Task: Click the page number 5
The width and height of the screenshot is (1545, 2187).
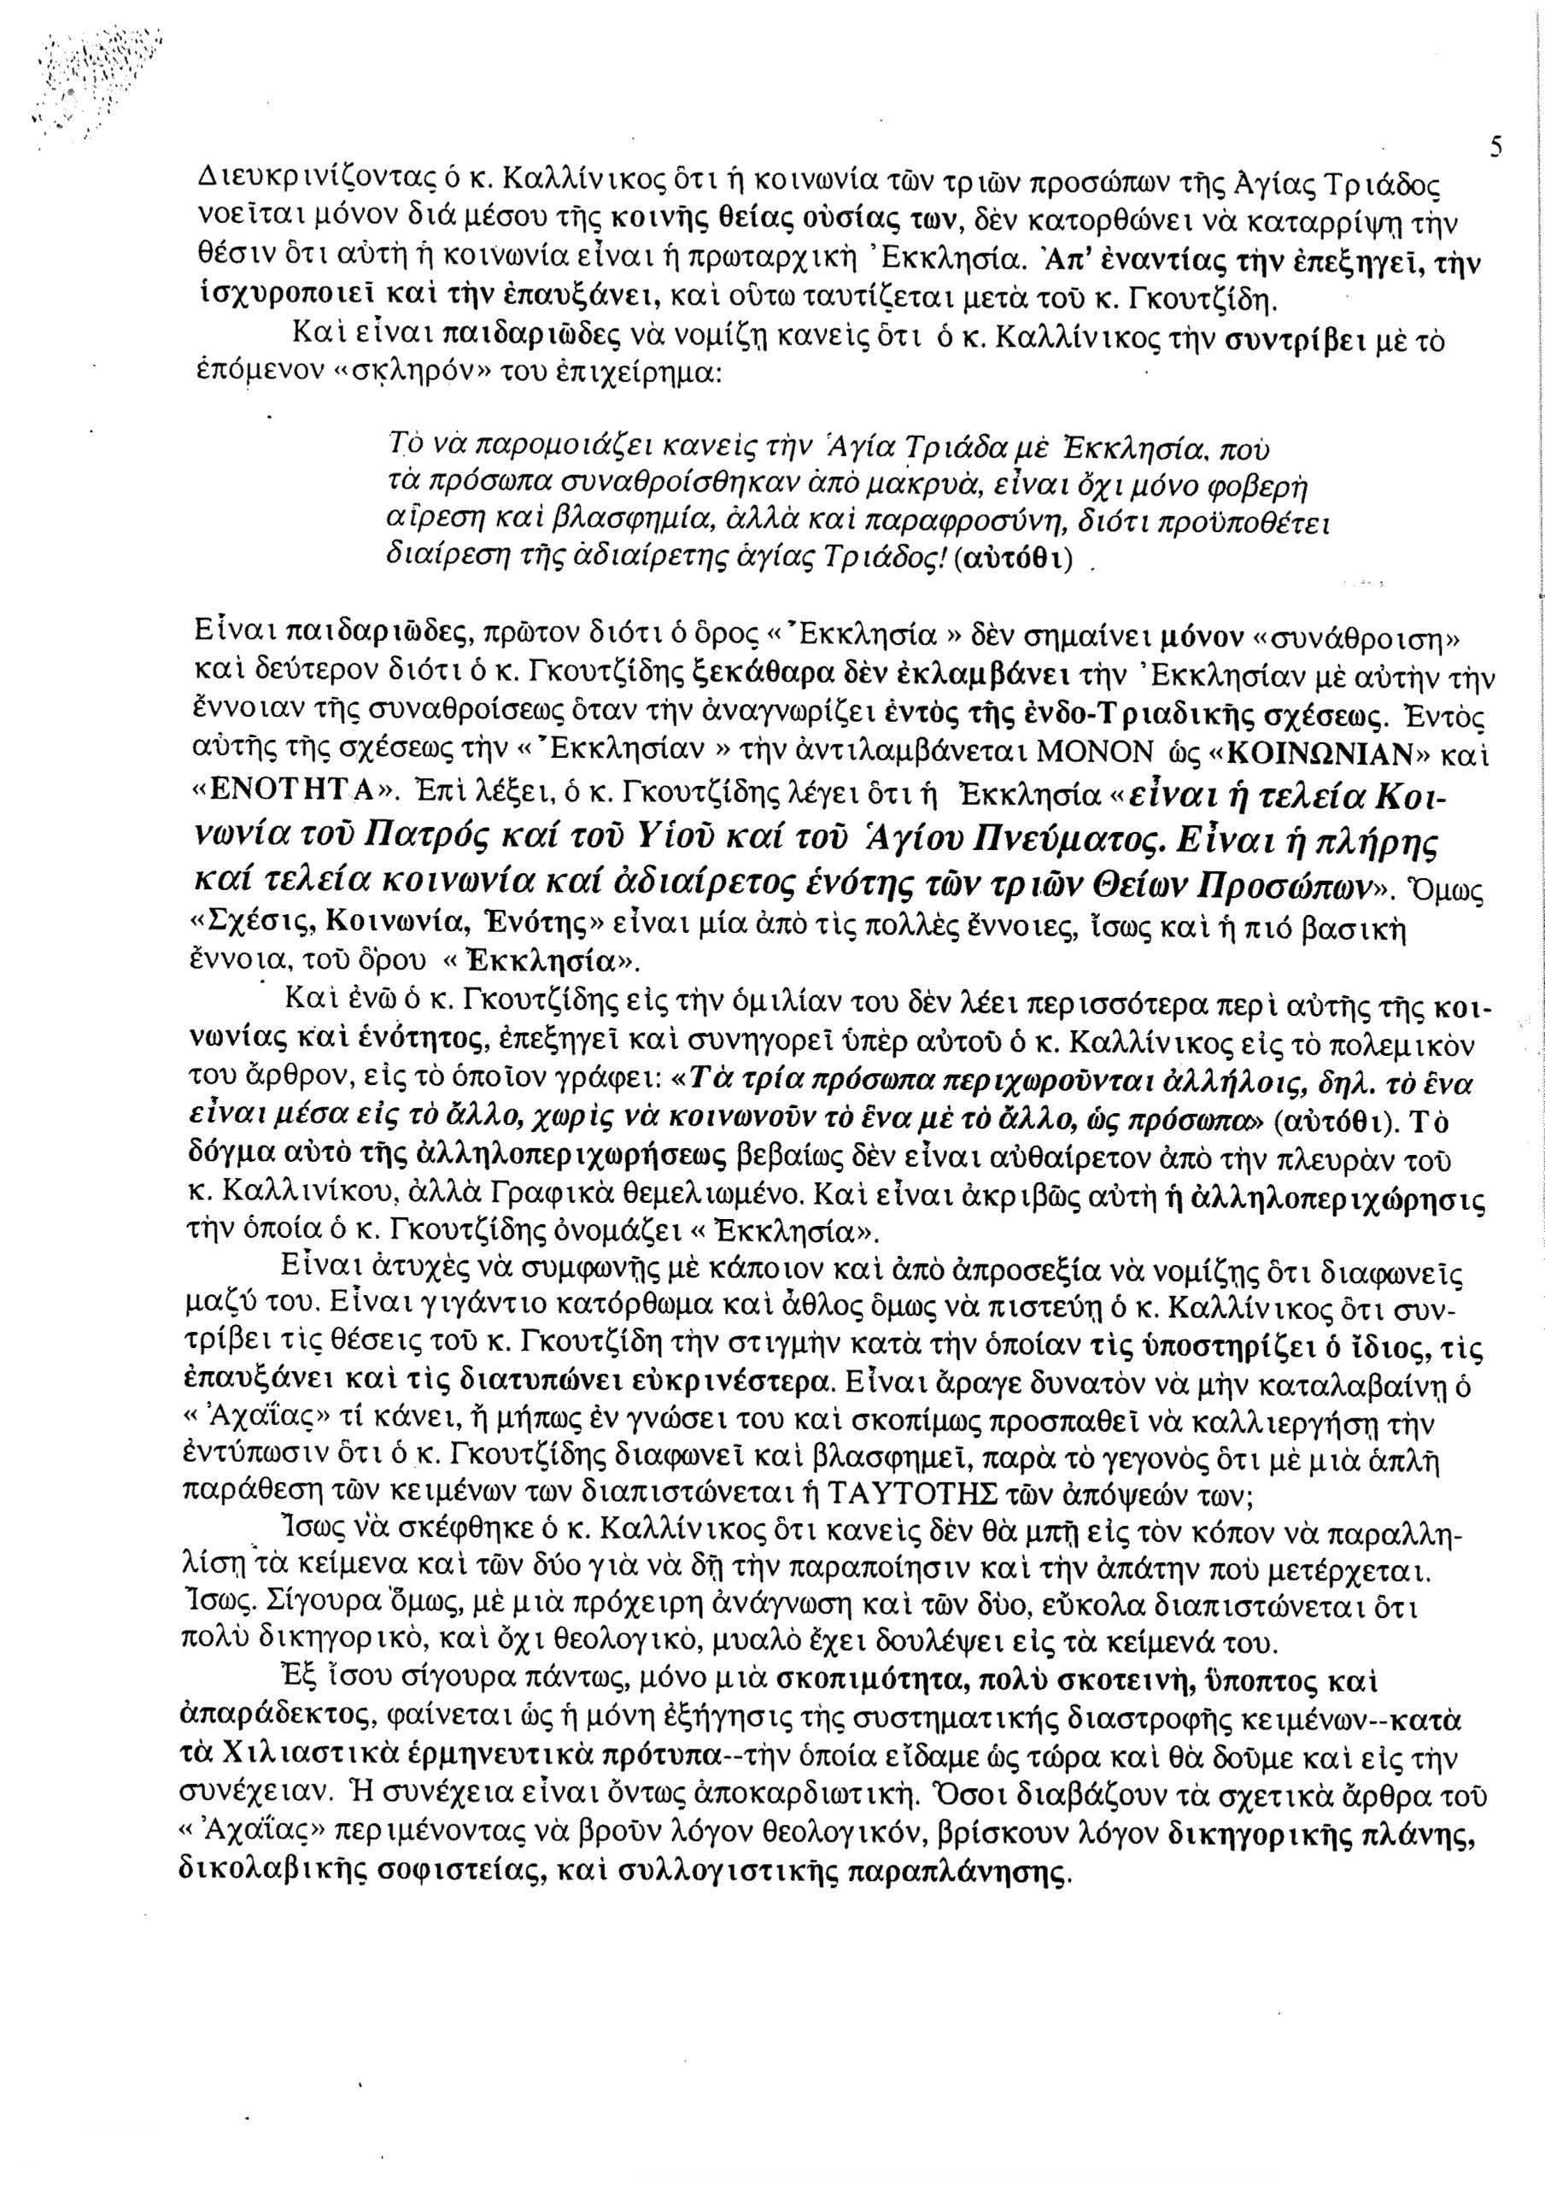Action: (x=1495, y=148)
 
